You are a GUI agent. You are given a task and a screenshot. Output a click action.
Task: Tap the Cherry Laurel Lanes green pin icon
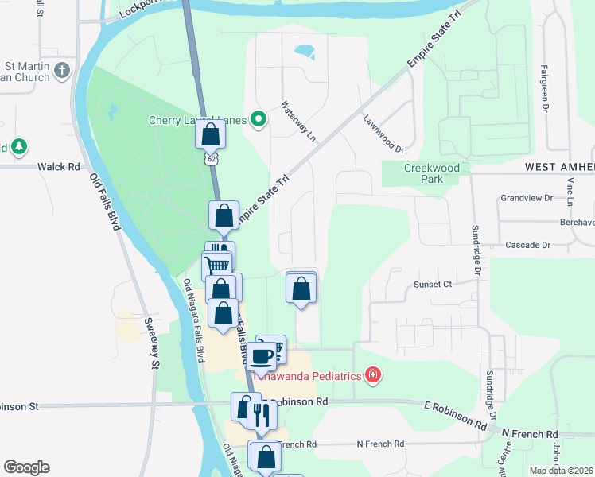pyautogui.click(x=259, y=120)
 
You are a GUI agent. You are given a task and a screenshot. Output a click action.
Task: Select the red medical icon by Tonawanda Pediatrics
pyautogui.click(x=371, y=375)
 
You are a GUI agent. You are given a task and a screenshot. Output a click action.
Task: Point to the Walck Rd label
pyautogui.click(x=59, y=167)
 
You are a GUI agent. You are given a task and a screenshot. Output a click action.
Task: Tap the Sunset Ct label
pyautogui.click(x=432, y=284)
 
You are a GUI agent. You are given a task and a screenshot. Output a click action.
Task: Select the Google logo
pyautogui.click(x=26, y=467)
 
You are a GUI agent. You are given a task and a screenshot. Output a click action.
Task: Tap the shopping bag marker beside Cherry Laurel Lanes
pyautogui.click(x=211, y=133)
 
